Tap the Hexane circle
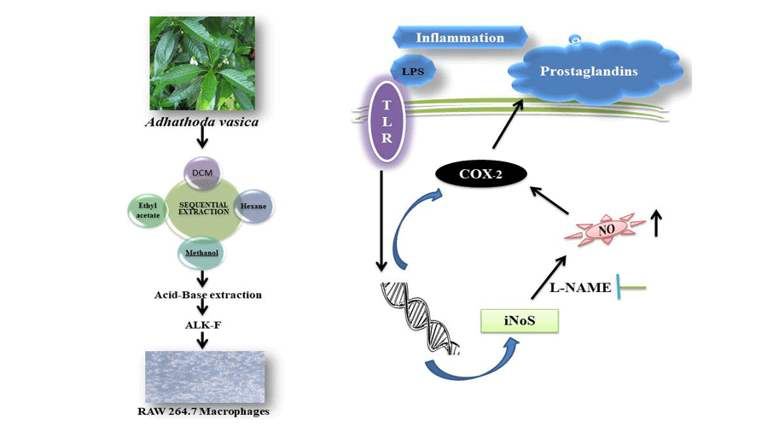pyautogui.click(x=253, y=207)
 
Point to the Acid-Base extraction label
pyautogui.click(x=203, y=295)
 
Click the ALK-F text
pyautogui.click(x=203, y=324)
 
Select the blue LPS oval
pyautogui.click(x=412, y=69)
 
